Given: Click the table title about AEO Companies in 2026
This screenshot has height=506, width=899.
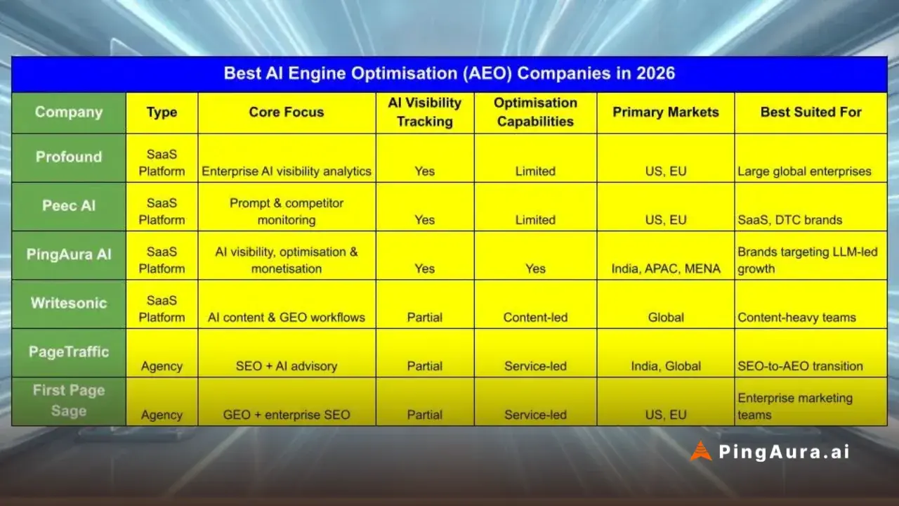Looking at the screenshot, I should [x=449, y=74].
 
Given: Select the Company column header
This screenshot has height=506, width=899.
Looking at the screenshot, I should [x=69, y=112].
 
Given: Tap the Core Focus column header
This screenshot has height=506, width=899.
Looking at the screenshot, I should [x=287, y=112].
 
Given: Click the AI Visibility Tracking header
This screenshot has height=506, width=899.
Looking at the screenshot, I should [x=425, y=112].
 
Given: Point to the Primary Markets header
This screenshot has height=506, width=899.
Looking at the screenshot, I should [x=665, y=112].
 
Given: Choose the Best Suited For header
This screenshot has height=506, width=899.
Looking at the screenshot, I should [x=811, y=112].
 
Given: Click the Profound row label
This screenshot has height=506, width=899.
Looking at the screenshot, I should [x=69, y=157].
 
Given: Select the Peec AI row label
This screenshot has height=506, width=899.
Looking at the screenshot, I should [x=69, y=206].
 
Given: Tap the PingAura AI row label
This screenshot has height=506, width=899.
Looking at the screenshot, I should [x=69, y=254].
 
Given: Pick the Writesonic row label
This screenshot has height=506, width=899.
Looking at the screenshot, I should [x=69, y=303].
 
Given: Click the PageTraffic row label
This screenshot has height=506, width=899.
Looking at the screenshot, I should [x=69, y=352].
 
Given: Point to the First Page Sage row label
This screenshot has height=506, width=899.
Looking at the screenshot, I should [x=69, y=401].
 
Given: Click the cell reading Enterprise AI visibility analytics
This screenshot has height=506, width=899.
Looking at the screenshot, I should [x=287, y=171].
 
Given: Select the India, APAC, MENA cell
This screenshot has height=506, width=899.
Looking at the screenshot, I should [x=665, y=268].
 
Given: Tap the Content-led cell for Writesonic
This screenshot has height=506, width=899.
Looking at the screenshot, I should [x=535, y=317].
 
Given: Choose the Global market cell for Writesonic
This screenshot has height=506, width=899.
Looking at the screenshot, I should [x=665, y=317].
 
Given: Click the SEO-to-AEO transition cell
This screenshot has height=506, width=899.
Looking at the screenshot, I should [x=800, y=366].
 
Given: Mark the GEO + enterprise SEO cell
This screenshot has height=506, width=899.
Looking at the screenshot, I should [x=287, y=415].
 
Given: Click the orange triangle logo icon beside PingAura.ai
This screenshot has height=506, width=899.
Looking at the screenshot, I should [x=700, y=451].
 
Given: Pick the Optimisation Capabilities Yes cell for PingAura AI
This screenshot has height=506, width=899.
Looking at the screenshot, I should [x=535, y=268].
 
